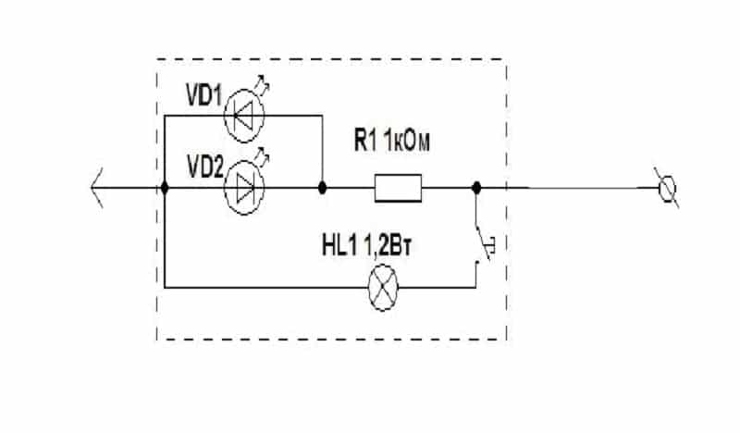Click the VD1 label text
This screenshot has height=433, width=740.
(203, 96)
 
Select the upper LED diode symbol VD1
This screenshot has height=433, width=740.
(244, 116)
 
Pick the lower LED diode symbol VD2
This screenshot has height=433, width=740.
(244, 188)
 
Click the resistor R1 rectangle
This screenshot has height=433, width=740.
(399, 188)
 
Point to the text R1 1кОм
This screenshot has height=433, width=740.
(392, 141)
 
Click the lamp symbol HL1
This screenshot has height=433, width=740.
(383, 287)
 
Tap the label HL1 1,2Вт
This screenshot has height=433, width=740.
(366, 247)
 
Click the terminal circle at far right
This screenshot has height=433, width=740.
(667, 188)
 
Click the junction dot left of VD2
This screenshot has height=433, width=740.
(165, 188)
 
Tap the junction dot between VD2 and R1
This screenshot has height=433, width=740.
(322, 188)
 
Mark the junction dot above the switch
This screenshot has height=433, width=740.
(476, 188)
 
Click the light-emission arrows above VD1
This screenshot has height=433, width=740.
(263, 83)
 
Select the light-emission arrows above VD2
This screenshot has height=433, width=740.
(263, 156)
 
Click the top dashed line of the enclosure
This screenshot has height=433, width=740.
(332, 59)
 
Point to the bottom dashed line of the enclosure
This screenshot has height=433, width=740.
(332, 339)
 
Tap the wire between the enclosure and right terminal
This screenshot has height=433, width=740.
(583, 188)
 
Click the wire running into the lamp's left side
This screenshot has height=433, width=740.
(265, 287)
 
